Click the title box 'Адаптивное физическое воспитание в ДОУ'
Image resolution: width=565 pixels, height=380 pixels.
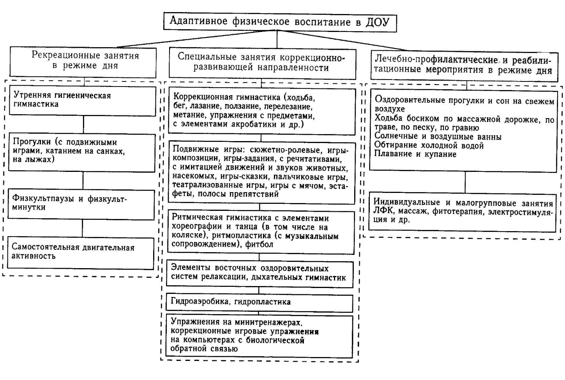point(279,21)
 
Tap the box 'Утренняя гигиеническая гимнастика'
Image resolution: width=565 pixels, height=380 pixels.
point(82,100)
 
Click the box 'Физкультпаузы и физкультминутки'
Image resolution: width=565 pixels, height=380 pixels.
point(81,204)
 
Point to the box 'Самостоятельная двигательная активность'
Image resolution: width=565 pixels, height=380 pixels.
point(81,253)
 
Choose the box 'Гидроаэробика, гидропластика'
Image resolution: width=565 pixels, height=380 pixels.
point(260,302)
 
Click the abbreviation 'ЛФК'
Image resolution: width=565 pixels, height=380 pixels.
point(382,212)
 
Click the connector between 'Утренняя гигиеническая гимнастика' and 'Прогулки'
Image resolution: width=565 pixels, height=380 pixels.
point(83,125)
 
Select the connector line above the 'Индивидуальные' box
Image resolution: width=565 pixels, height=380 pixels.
point(464,182)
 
